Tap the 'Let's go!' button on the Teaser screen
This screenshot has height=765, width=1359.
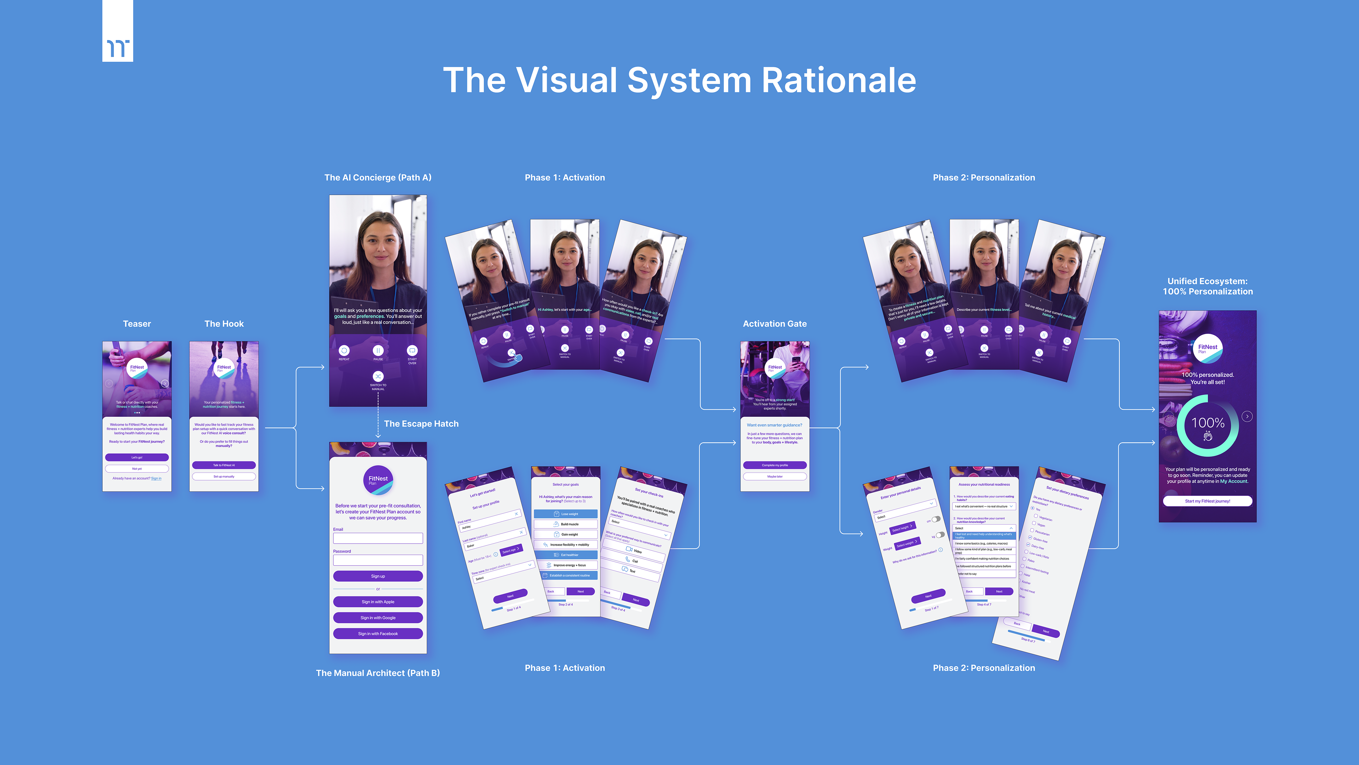137,457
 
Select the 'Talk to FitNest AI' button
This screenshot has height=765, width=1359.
224,465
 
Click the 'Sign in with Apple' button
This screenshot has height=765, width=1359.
378,602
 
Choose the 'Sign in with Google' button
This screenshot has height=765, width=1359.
378,618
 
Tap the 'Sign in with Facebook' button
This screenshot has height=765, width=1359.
378,634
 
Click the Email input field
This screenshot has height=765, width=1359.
378,538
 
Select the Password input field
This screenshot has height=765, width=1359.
378,560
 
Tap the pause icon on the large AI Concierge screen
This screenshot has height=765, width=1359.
378,351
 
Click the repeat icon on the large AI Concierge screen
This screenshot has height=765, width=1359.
344,351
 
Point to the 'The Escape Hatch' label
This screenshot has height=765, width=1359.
421,424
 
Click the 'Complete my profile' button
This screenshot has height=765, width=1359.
774,465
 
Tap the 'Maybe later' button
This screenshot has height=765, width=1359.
774,476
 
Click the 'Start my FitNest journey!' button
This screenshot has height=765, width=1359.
1207,501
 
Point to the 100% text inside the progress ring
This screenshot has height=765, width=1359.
1208,423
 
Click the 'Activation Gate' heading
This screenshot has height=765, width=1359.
774,324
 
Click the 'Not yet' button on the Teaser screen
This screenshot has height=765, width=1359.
137,468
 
